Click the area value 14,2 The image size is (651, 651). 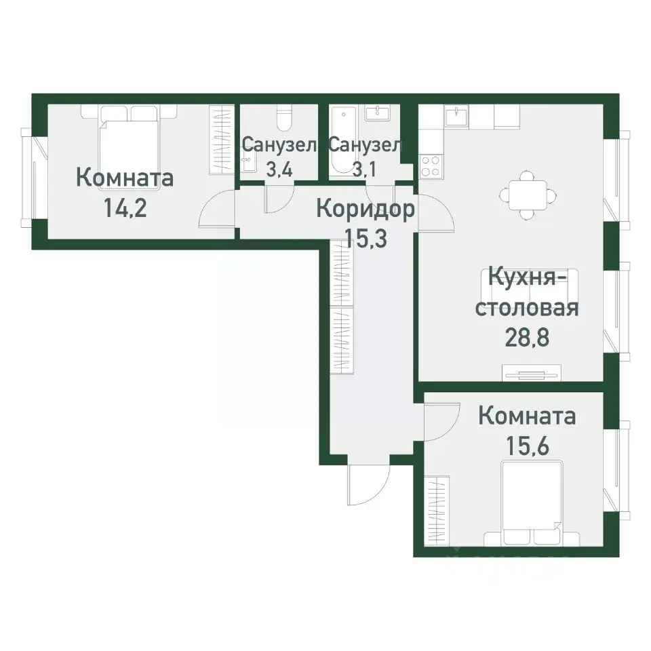125,206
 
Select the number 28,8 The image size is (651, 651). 526,337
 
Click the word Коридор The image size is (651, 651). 366,210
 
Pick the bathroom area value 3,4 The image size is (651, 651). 278,169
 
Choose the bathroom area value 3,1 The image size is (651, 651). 365,169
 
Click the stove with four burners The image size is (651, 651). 430,165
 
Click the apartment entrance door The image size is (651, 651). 367,485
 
